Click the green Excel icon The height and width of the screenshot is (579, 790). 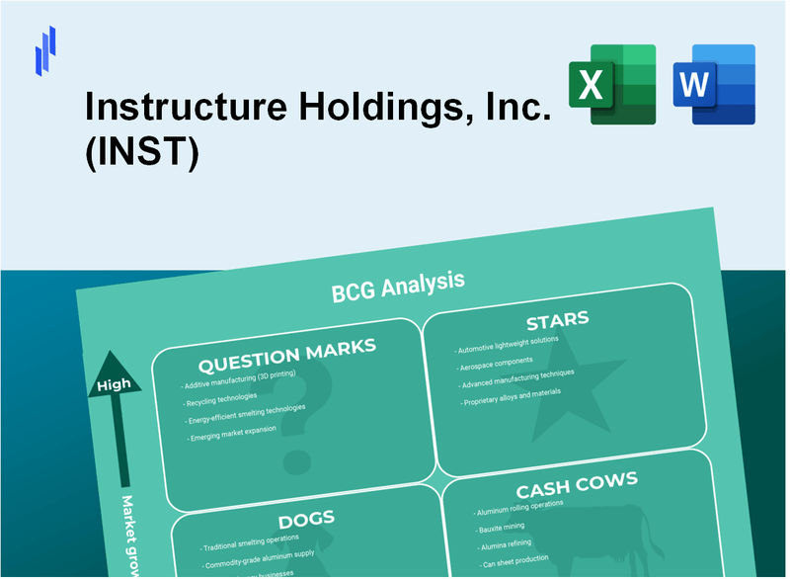pyautogui.click(x=611, y=84)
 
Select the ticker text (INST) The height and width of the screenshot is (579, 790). pyautogui.click(x=142, y=153)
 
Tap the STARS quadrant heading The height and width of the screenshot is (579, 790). pyautogui.click(x=556, y=321)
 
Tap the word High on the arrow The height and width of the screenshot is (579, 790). pyautogui.click(x=113, y=384)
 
